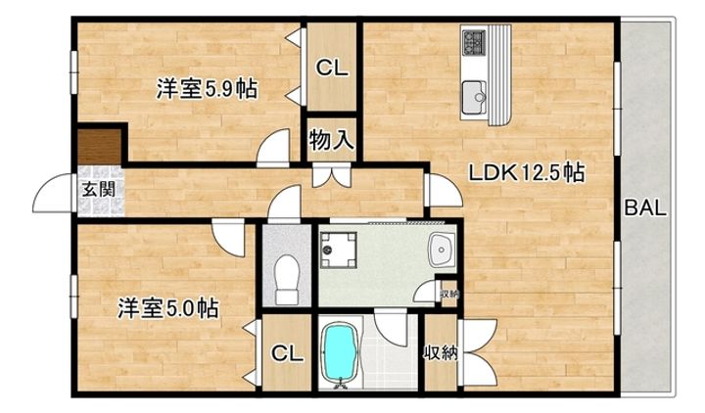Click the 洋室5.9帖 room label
207,90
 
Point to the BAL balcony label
646,208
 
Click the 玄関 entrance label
94,190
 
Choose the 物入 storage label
331,139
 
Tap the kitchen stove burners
475,43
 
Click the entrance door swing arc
51,196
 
